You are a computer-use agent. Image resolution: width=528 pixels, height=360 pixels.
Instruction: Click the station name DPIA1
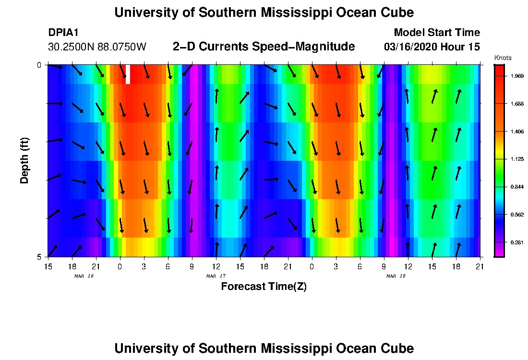[63, 33]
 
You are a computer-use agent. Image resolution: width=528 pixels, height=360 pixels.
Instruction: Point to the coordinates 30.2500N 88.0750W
[97, 47]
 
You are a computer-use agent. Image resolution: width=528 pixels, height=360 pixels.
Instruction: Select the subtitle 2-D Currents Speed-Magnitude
[264, 47]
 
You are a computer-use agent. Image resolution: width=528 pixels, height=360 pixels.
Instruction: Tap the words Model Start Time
[436, 33]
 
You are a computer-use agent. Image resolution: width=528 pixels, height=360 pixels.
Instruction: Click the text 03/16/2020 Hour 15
[432, 47]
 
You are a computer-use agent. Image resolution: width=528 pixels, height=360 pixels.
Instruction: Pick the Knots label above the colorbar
[503, 58]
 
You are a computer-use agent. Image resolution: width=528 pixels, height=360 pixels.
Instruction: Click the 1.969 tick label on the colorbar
[516, 76]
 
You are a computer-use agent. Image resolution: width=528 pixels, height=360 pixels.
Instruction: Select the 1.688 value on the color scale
[516, 104]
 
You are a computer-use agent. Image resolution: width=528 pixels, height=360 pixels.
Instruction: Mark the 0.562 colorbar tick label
[516, 215]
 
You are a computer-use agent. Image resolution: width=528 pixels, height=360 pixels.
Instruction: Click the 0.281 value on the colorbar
[516, 242]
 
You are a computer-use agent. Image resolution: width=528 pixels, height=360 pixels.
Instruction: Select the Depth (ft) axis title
[24, 161]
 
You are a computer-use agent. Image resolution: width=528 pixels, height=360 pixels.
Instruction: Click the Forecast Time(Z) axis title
[264, 287]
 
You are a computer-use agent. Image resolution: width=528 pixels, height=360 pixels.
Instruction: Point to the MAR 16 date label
[84, 276]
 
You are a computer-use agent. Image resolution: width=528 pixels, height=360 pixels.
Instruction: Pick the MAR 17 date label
[216, 276]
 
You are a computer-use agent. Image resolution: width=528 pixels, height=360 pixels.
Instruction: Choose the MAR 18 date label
[396, 276]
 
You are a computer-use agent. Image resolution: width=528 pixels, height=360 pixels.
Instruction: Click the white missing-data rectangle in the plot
[128, 74]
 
